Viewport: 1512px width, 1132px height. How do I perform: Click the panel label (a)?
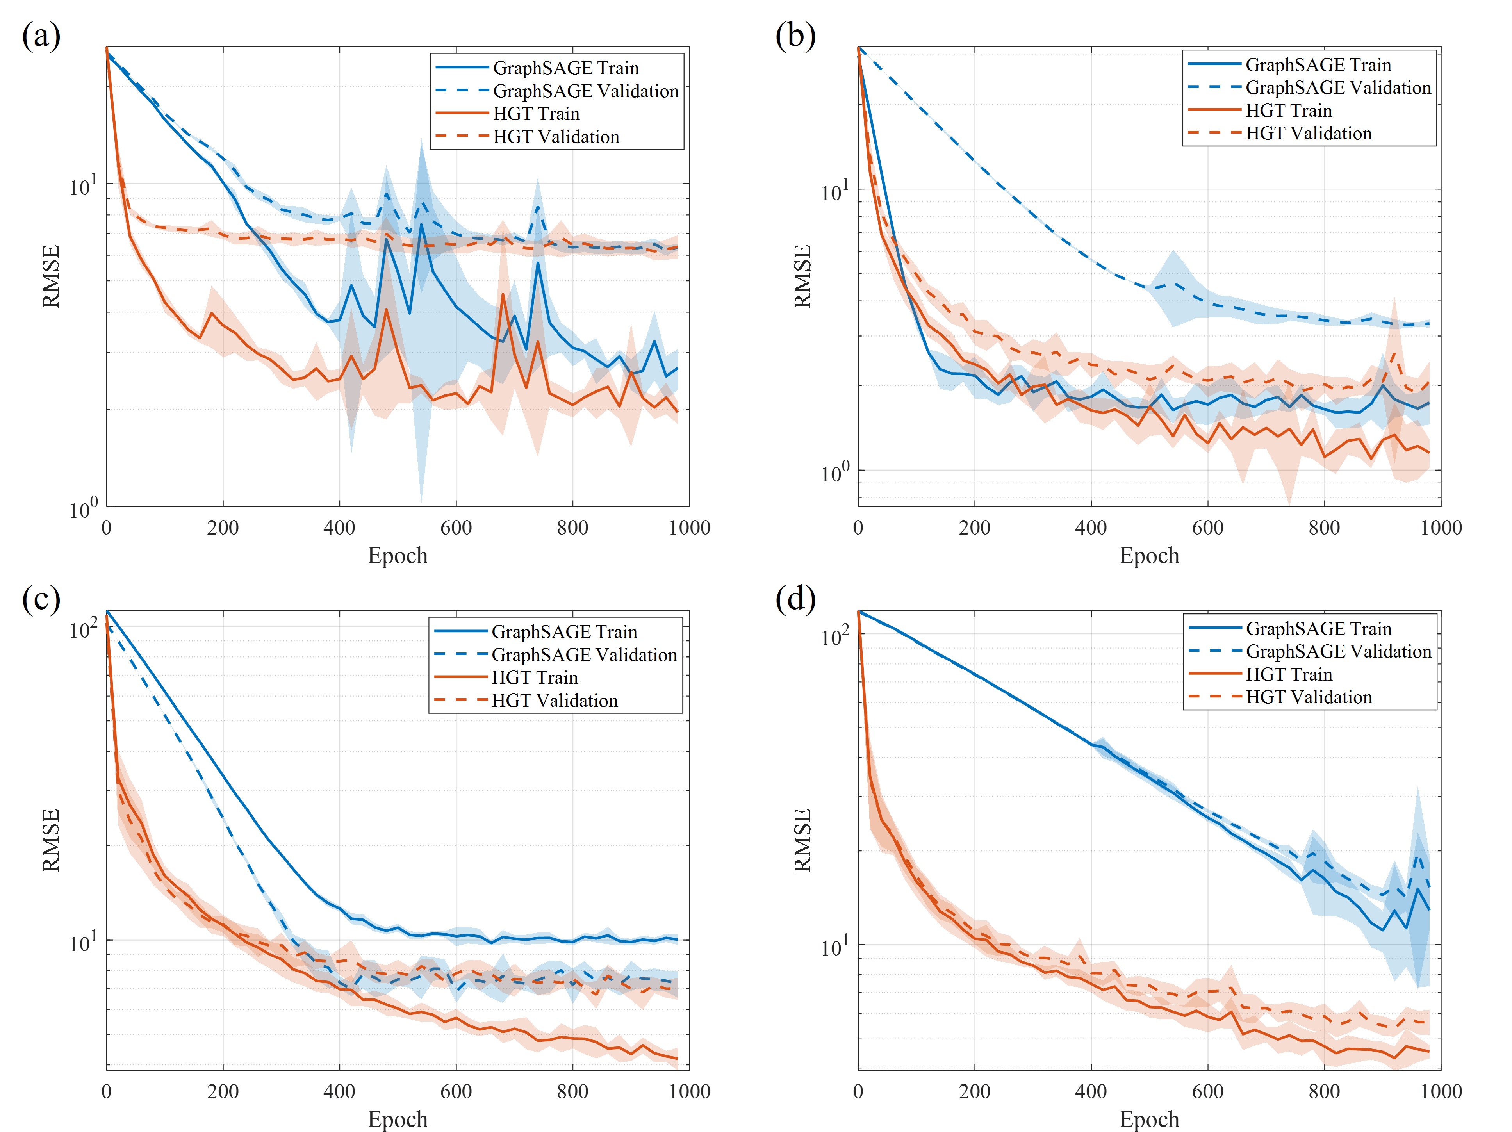click(x=41, y=36)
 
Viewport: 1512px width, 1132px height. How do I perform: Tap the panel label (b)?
click(x=795, y=36)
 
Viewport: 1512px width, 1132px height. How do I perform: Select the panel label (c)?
click(x=41, y=599)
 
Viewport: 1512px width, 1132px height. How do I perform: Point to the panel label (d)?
click(x=795, y=599)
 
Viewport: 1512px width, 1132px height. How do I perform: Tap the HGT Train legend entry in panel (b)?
click(x=1289, y=111)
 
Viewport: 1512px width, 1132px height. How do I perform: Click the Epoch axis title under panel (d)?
click(x=1149, y=1119)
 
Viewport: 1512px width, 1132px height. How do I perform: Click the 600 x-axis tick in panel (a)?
click(x=456, y=528)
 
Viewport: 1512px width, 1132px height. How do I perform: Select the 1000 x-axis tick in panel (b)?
click(x=1441, y=528)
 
